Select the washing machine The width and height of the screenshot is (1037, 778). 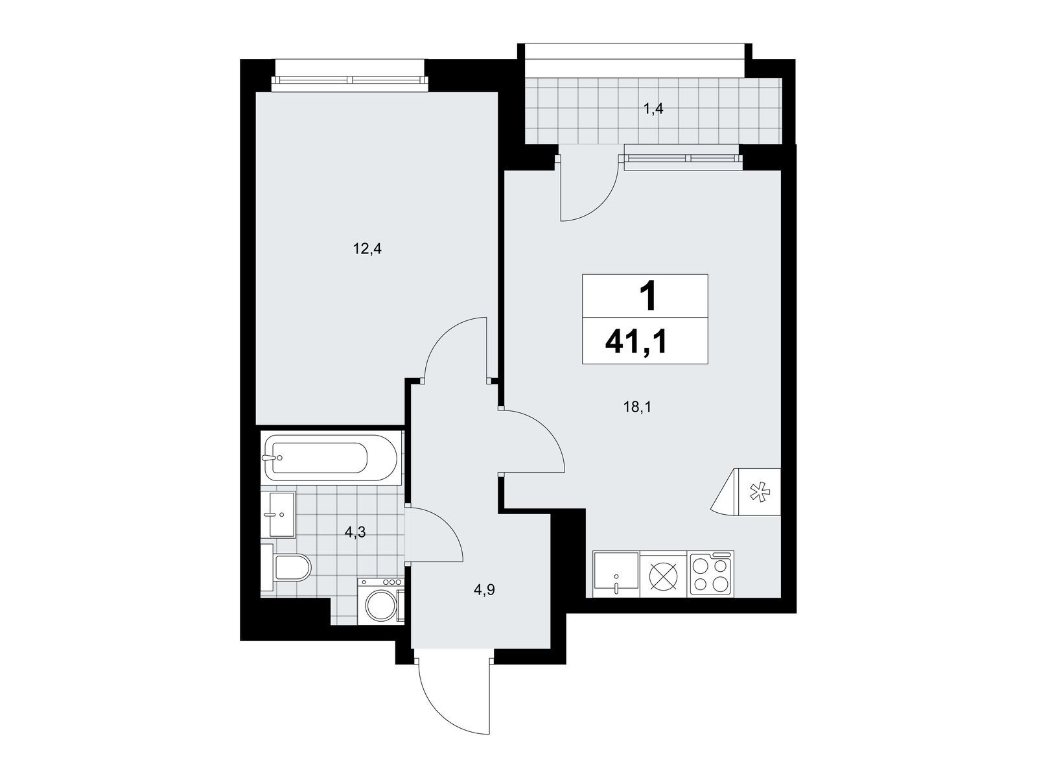[381, 600]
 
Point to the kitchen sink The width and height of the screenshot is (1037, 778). [616, 574]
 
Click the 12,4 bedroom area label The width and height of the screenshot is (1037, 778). [367, 249]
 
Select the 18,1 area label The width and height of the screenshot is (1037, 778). [637, 407]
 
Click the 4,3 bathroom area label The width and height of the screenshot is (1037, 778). [355, 533]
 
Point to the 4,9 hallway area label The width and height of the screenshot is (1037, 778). [485, 590]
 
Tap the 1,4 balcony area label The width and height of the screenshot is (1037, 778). [653, 110]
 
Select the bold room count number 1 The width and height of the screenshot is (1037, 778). [647, 296]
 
